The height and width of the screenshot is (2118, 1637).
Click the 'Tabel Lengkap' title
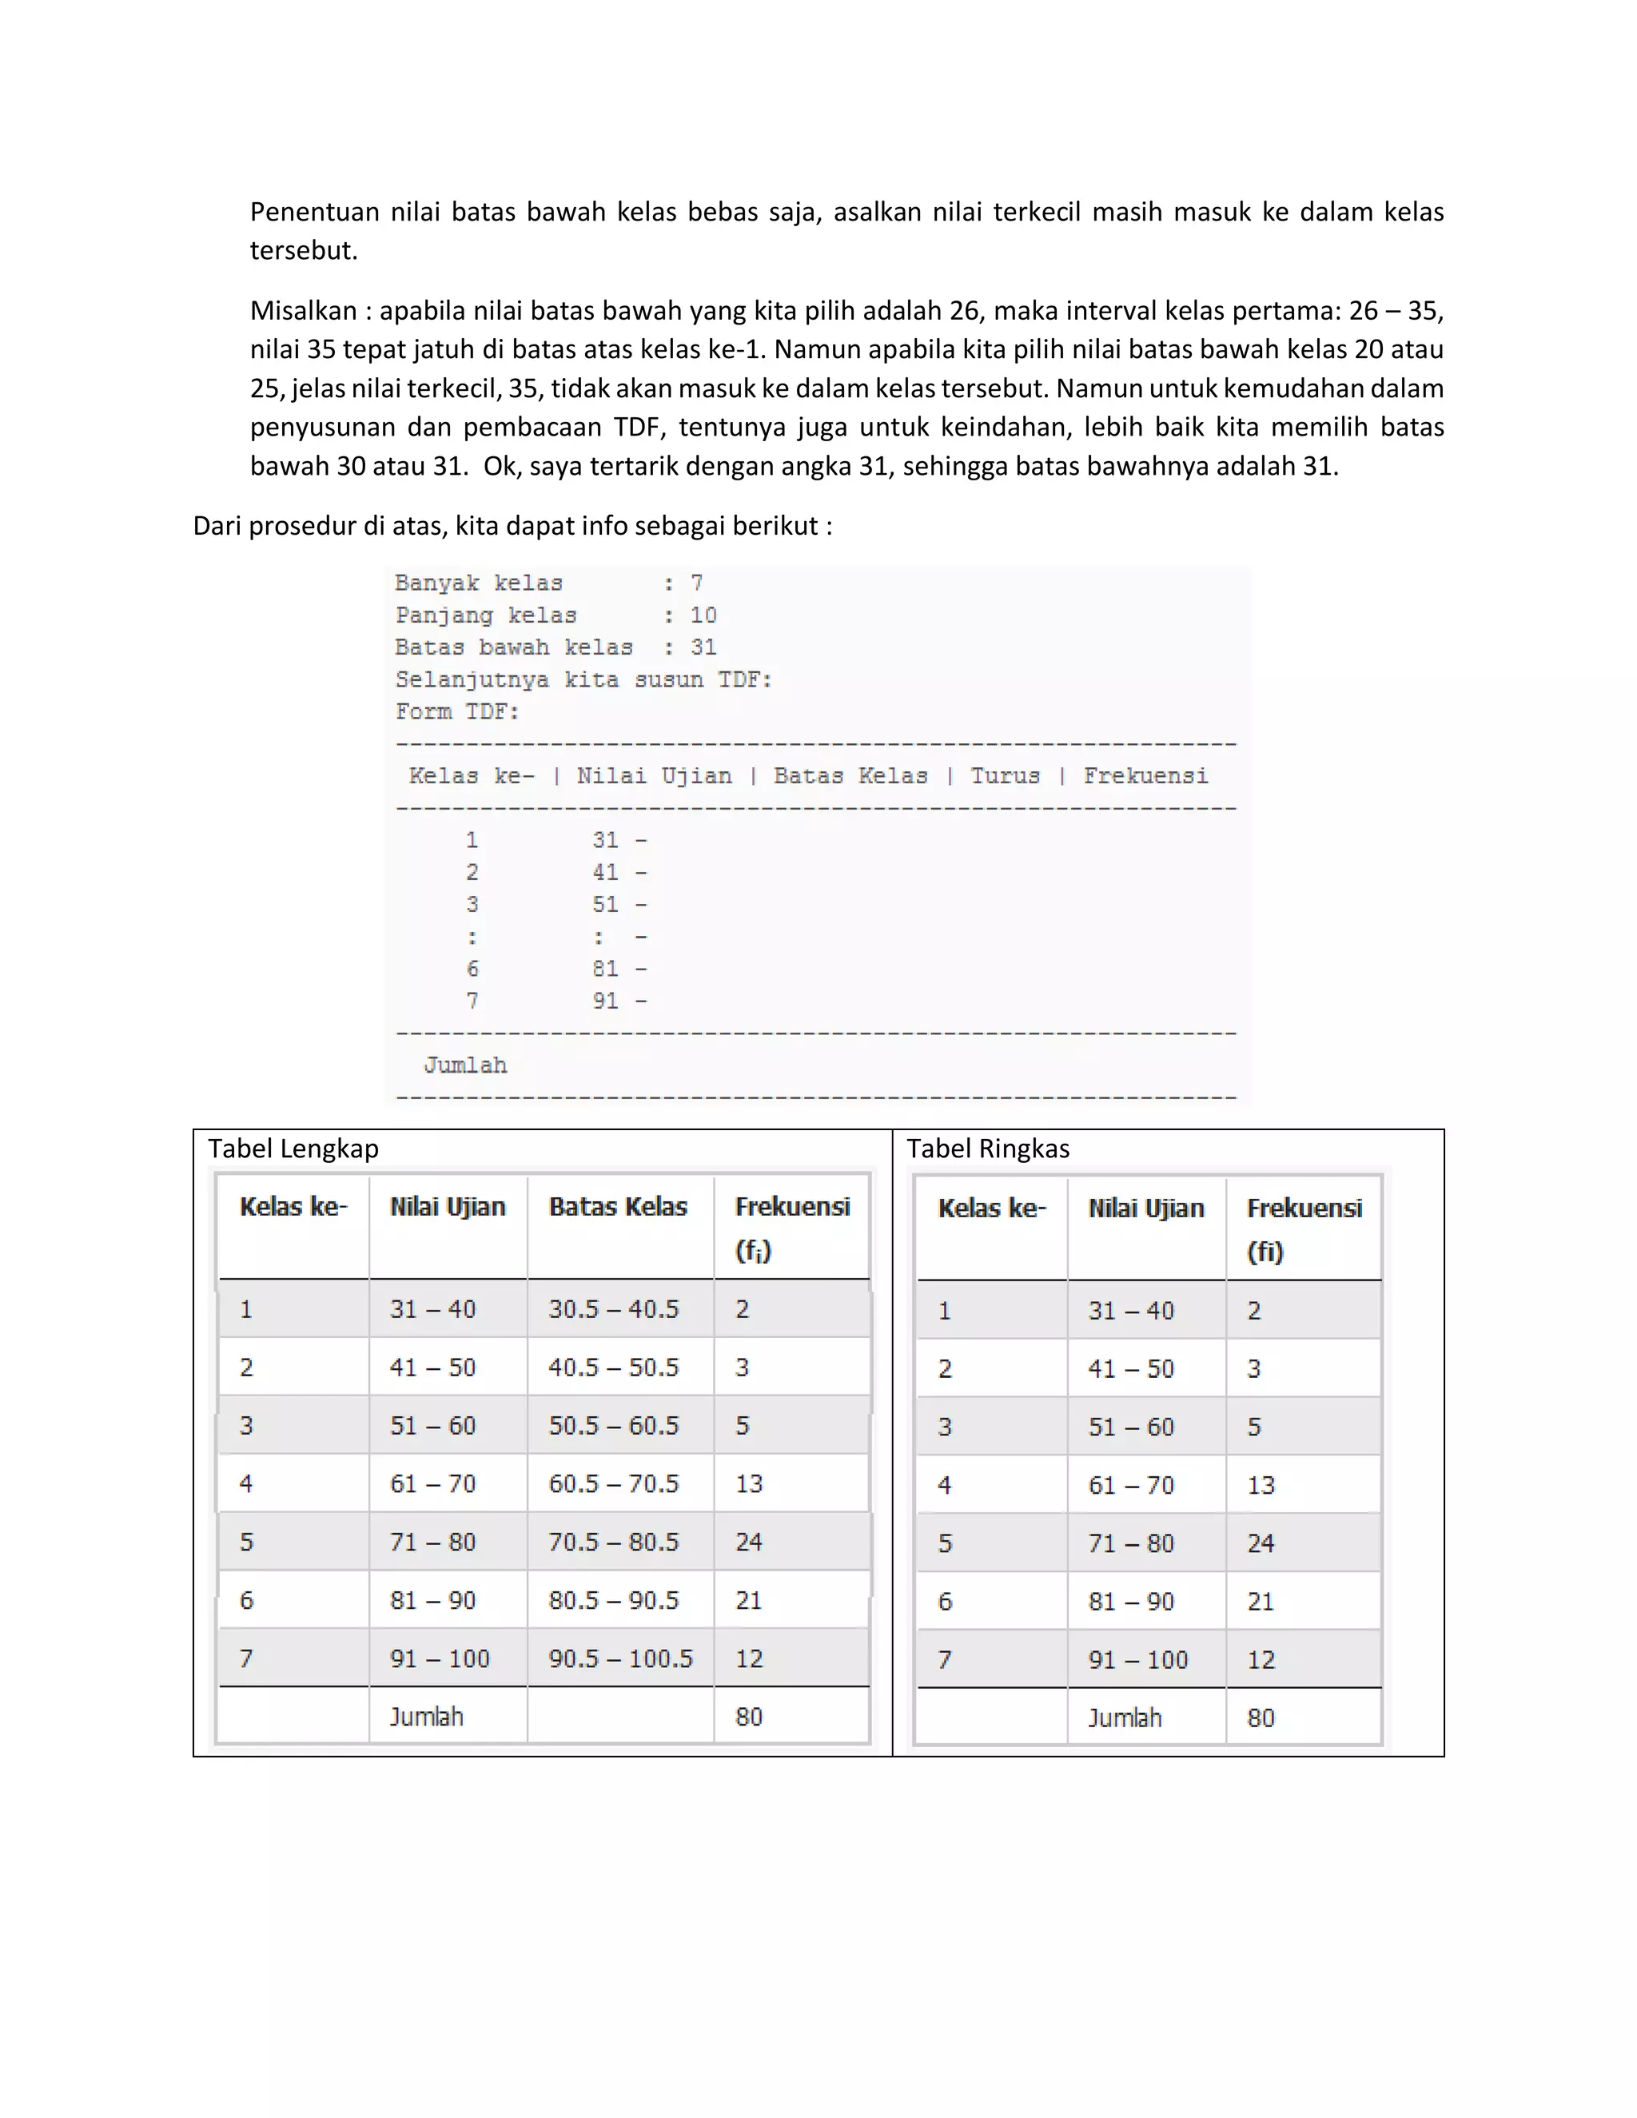[x=293, y=1149]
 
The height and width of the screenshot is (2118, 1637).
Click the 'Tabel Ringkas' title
[x=987, y=1149]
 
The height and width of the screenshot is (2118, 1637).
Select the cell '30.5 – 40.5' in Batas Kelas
[x=613, y=1309]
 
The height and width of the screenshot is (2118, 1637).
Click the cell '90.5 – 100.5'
[x=620, y=1658]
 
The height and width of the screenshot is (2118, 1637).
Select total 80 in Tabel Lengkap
[x=749, y=1717]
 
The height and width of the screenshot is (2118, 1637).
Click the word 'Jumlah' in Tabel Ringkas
[x=1124, y=1718]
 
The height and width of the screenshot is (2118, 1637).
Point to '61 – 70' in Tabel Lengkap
[x=432, y=1483]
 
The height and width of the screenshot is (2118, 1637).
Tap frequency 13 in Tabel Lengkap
[x=749, y=1483]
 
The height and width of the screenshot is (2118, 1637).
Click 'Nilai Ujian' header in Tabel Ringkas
[x=1145, y=1208]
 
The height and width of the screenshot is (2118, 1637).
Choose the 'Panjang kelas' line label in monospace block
[x=486, y=615]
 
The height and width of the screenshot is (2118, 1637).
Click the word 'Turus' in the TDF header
[x=1005, y=776]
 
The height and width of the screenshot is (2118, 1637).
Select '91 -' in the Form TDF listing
[x=619, y=1001]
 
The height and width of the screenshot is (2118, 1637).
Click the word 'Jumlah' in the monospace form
[x=465, y=1065]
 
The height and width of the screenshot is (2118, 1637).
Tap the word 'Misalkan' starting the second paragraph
[x=304, y=311]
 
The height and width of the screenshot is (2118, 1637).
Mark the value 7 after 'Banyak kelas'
[x=696, y=583]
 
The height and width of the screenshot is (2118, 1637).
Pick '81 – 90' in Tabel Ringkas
[x=1131, y=1602]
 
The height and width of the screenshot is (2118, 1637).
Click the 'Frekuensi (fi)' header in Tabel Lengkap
[x=791, y=1227]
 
